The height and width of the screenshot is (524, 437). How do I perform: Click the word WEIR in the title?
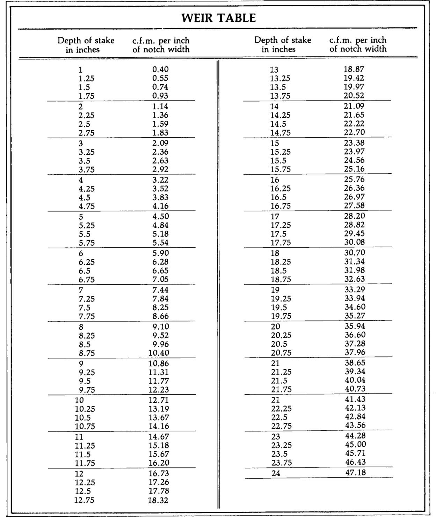click(198, 18)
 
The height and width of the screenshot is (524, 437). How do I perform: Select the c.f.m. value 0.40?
click(160, 70)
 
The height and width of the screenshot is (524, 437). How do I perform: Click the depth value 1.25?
click(85, 79)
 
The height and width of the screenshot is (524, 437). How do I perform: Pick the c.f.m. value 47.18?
click(355, 473)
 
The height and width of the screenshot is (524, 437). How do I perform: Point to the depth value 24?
click(276, 474)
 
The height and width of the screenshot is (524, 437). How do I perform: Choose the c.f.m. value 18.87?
click(354, 70)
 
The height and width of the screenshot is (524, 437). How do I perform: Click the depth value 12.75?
click(84, 500)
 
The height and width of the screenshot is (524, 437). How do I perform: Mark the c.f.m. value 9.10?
click(161, 327)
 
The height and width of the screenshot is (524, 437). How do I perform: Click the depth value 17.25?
click(281, 225)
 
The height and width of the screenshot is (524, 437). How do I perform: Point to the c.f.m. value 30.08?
click(355, 242)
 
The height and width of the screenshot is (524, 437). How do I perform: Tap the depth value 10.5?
click(83, 418)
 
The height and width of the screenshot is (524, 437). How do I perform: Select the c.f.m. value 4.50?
click(161, 216)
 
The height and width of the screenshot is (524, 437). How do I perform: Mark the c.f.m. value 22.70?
click(354, 132)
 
